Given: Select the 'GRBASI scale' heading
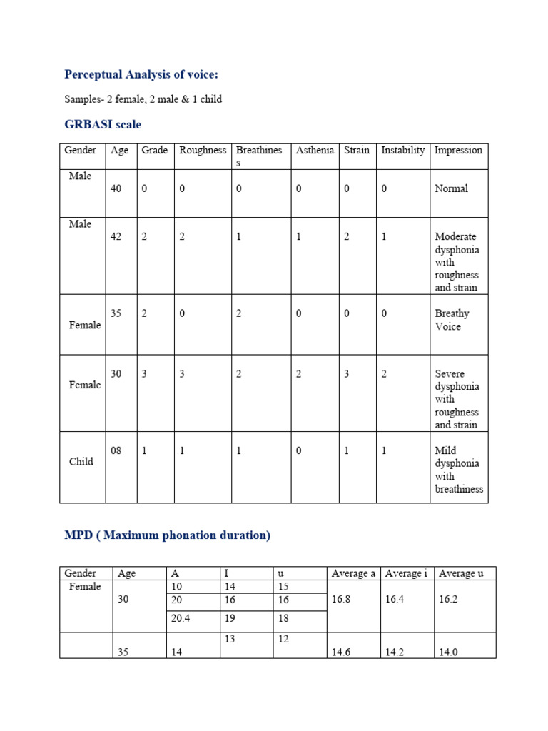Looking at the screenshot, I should pyautogui.click(x=103, y=125).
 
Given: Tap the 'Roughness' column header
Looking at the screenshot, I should pyautogui.click(x=203, y=151).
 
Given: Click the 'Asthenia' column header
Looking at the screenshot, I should pyautogui.click(x=315, y=151).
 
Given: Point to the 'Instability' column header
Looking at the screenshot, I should pyautogui.click(x=402, y=151).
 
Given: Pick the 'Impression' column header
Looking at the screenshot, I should pyautogui.click(x=458, y=151).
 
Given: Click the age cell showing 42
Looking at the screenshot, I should pyautogui.click(x=116, y=237).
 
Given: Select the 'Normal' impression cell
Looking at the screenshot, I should pyautogui.click(x=451, y=189).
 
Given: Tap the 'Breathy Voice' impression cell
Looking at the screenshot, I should pyautogui.click(x=452, y=320).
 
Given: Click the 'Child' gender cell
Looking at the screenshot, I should pyautogui.click(x=81, y=462).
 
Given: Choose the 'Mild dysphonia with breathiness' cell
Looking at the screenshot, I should pyautogui.click(x=458, y=470).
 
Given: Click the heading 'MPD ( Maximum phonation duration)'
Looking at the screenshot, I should pyautogui.click(x=168, y=535).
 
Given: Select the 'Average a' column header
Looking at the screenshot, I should pyautogui.click(x=353, y=573).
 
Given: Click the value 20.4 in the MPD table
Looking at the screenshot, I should pyautogui.click(x=181, y=619).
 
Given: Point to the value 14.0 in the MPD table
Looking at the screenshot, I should pyautogui.click(x=450, y=652).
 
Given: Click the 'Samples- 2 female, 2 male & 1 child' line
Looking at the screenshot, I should pyautogui.click(x=143, y=99).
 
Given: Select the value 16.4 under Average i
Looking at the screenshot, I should pyautogui.click(x=395, y=600).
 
